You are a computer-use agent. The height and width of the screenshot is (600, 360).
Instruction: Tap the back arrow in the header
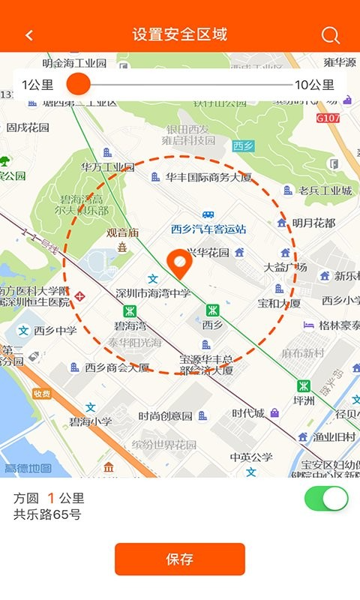coord(29,35)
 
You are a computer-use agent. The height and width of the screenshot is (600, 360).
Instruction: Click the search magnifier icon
coord(330,35)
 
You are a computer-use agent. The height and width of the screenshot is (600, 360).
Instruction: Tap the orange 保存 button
coord(180,559)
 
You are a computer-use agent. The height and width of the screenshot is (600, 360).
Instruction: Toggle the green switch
coord(326,499)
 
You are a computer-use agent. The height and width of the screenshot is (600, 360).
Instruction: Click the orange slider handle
coord(78,84)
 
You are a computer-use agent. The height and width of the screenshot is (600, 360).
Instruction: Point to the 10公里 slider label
coord(314,85)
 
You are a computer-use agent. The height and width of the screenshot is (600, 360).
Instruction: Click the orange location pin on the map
coord(179,262)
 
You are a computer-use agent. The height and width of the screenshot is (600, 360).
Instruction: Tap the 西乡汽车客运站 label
coord(208,229)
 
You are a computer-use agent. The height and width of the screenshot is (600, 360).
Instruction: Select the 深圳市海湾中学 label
coord(154,292)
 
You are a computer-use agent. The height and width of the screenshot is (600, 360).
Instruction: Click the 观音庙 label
coord(123,232)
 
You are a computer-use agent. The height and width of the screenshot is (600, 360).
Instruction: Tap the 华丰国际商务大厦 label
coord(208,178)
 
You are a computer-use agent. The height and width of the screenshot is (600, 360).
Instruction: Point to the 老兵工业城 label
coord(325,190)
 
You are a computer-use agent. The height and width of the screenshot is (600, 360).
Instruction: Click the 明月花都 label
coord(313,223)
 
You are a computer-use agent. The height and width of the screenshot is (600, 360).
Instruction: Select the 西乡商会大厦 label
coord(117,367)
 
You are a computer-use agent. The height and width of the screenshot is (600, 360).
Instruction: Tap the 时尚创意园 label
coord(166,415)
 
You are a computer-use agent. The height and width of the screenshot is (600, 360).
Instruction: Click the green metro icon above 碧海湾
coord(129,310)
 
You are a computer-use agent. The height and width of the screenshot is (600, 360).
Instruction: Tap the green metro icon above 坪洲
coord(303,385)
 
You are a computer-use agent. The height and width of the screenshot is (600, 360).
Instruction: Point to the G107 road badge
coord(328,118)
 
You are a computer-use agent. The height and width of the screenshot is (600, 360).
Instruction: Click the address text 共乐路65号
coord(47,514)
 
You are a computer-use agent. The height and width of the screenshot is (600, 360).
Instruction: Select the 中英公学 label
coord(251,457)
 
